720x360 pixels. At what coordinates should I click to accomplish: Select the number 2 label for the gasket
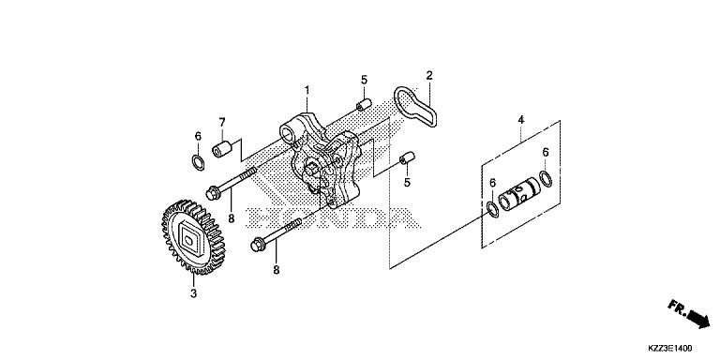pos(428,75)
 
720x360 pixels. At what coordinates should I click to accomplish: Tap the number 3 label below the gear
pos(194,294)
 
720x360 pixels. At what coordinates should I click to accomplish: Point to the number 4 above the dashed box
pos(521,119)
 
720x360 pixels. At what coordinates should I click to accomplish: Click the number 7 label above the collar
pos(222,122)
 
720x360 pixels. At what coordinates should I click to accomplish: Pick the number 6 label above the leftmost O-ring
pos(198,136)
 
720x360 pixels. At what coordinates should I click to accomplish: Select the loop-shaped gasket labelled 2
pos(416,110)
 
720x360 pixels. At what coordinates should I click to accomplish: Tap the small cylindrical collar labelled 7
pos(222,149)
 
